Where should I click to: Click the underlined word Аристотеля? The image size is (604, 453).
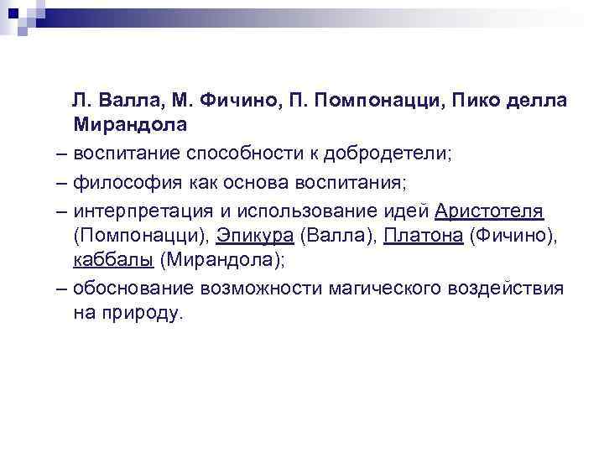point(490,209)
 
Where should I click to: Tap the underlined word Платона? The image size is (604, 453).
point(423,235)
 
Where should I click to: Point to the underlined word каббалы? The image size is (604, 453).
point(112,261)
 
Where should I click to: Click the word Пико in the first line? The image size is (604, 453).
point(475,100)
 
